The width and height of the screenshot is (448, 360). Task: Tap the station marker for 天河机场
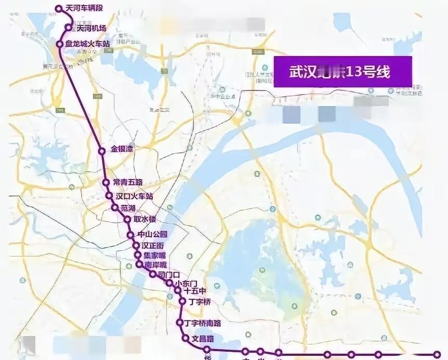68,28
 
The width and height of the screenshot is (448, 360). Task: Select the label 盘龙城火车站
88,44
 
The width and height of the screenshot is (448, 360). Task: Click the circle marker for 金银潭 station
102,151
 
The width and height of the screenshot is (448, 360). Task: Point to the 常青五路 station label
128,183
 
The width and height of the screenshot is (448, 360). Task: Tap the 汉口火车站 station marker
109,196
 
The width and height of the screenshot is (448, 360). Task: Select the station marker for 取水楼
127,220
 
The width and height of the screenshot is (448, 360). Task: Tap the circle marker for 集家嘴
138,255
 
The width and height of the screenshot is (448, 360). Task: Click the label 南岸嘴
155,265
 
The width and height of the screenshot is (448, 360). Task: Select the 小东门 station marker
170,283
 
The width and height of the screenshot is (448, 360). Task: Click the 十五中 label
195,291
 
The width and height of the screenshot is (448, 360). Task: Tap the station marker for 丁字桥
182,301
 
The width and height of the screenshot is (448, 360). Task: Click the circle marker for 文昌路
186,338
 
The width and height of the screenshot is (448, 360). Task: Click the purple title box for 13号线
342,72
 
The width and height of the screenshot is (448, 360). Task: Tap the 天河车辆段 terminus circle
59,9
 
